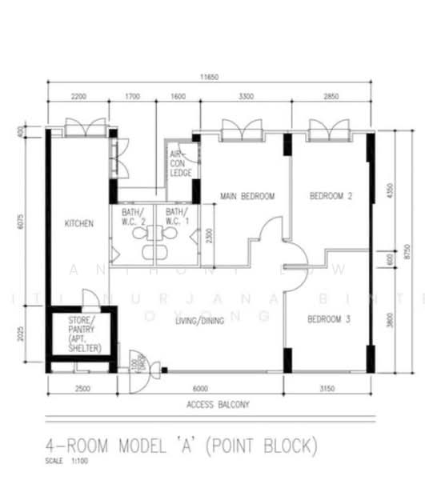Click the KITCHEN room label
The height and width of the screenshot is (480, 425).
[x=79, y=224]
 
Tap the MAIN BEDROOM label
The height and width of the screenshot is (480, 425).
[x=247, y=196]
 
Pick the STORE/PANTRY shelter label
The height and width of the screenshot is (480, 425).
[x=81, y=335]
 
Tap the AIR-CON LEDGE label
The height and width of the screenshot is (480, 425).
[x=180, y=163]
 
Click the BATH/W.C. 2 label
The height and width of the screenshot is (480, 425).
[x=133, y=217]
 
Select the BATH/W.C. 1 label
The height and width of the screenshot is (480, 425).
[x=177, y=217]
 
